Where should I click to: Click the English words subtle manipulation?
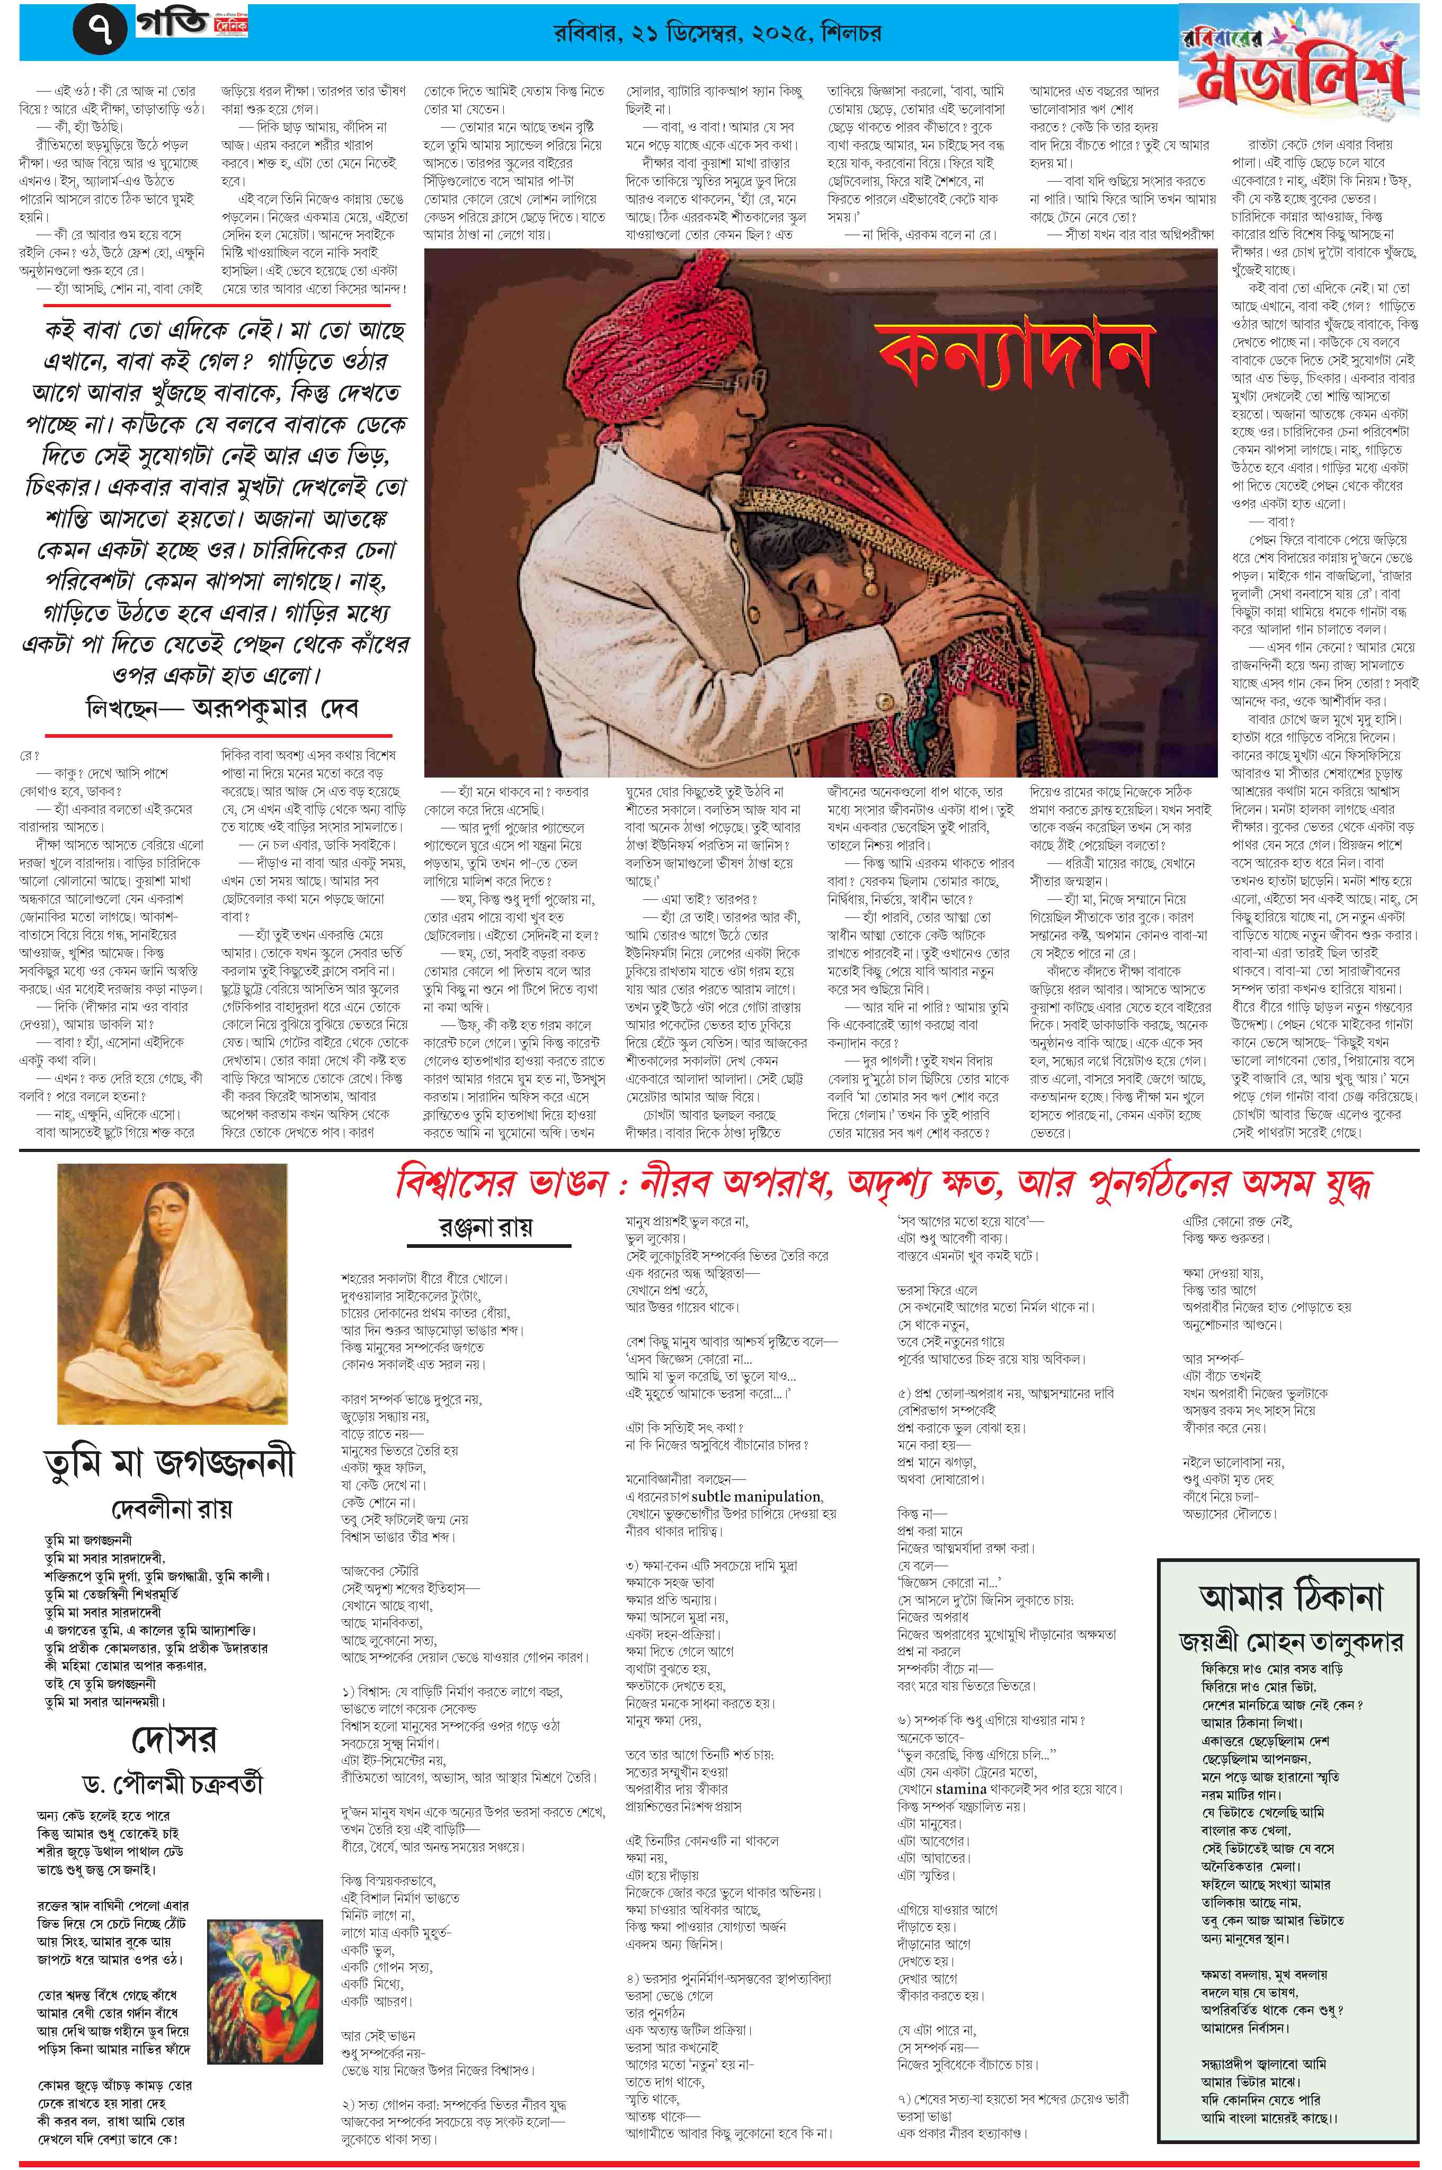click(x=757, y=1496)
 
